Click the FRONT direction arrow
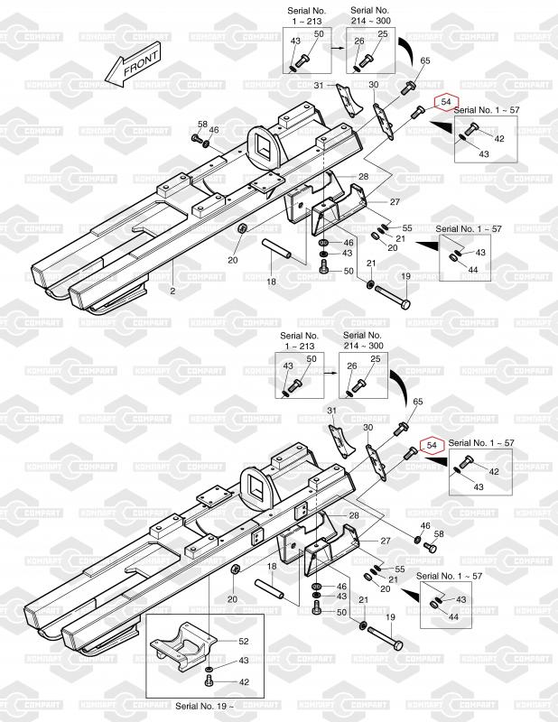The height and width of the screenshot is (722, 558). pyautogui.click(x=133, y=65)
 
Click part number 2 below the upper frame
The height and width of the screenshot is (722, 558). pyautogui.click(x=172, y=291)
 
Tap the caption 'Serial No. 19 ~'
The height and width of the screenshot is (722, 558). pyautogui.click(x=205, y=706)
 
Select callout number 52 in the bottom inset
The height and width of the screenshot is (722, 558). pyautogui.click(x=243, y=641)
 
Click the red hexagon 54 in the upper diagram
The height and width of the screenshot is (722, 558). pyautogui.click(x=446, y=102)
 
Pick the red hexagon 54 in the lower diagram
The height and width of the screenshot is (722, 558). pyautogui.click(x=432, y=445)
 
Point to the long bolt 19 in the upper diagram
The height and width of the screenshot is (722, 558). pyautogui.click(x=393, y=297)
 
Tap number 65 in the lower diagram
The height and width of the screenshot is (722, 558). pyautogui.click(x=417, y=402)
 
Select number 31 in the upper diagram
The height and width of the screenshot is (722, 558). pyautogui.click(x=319, y=85)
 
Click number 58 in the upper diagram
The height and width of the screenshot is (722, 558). pyautogui.click(x=203, y=125)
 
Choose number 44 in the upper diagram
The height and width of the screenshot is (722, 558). pyautogui.click(x=473, y=269)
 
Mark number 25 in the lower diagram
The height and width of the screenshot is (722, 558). pyautogui.click(x=376, y=358)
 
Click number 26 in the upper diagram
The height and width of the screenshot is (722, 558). pyautogui.click(x=359, y=41)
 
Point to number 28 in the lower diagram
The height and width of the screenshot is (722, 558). pyautogui.click(x=354, y=515)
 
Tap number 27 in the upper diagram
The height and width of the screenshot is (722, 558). pyautogui.click(x=395, y=201)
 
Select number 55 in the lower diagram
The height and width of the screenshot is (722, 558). pyautogui.click(x=400, y=569)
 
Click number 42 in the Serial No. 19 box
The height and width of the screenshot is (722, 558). pyautogui.click(x=244, y=682)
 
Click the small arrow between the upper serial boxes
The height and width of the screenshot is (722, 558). pyautogui.click(x=339, y=48)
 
